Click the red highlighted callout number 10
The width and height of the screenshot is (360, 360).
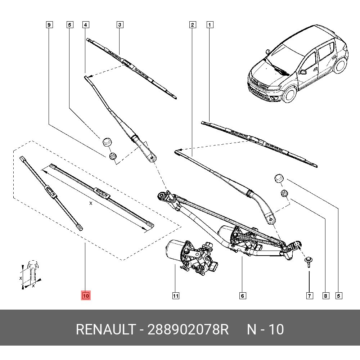pyautogui.click(x=86, y=296)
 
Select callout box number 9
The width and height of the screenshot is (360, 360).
pyautogui.click(x=49, y=25)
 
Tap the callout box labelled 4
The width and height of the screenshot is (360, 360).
pyautogui.click(x=86, y=25)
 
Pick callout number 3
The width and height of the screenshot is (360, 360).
pyautogui.click(x=120, y=25)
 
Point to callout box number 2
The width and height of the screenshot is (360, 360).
pyautogui.click(x=193, y=25)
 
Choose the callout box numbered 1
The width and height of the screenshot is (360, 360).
pyautogui.click(x=210, y=25)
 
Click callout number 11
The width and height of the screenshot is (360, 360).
pyautogui.click(x=175, y=296)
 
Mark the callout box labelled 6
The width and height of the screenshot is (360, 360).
pyautogui.click(x=243, y=296)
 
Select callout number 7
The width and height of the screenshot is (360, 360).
pyautogui.click(x=309, y=296)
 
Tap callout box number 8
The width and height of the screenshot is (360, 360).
pyautogui.click(x=325, y=296)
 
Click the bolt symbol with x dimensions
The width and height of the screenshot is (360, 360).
pyautogui.click(x=32, y=274)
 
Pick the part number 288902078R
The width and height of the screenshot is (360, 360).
pyautogui.click(x=188, y=329)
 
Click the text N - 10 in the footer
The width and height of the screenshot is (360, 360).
pyautogui.click(x=265, y=329)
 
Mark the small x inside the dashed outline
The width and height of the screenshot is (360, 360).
pyautogui.click(x=91, y=204)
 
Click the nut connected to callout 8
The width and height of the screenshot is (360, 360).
pyautogui.click(x=284, y=193)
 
